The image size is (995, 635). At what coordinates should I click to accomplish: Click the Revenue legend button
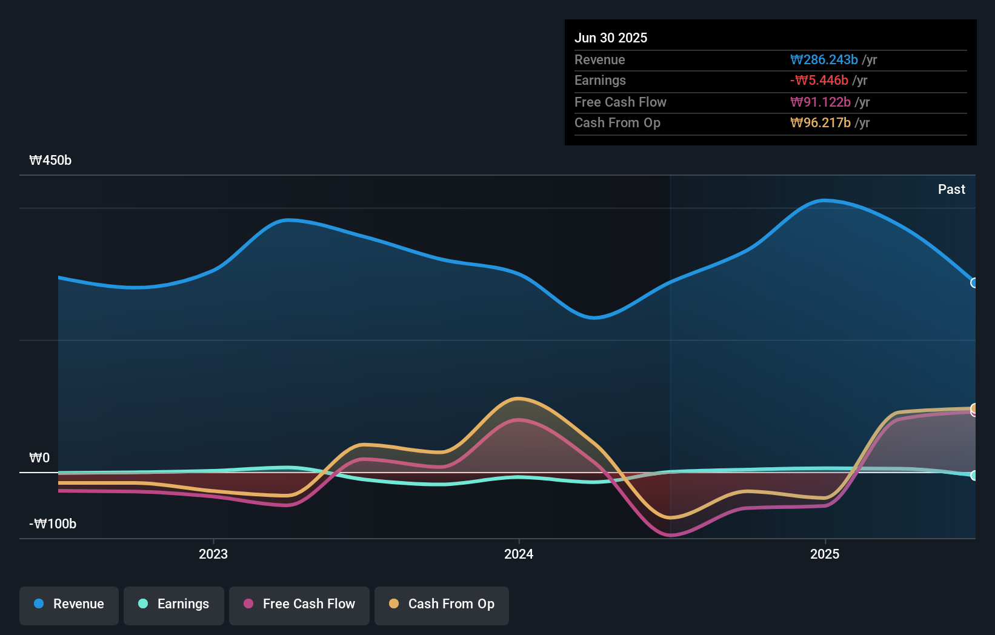tap(69, 604)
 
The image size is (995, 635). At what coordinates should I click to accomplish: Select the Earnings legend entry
tap(174, 604)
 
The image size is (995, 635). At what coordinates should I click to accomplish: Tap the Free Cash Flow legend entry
tap(299, 604)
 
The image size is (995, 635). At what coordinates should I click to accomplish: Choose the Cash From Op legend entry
tap(442, 604)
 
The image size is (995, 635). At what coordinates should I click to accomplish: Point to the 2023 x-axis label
tap(213, 554)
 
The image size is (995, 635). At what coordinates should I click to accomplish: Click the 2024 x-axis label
tap(519, 554)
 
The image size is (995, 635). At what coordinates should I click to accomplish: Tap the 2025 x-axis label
tap(825, 554)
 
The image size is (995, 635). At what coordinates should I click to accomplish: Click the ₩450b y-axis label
tap(50, 161)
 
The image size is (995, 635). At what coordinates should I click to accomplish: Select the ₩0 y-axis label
tap(39, 458)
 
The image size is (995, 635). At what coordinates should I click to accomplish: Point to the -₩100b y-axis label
tap(53, 524)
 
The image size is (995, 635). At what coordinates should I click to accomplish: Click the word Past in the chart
tap(951, 190)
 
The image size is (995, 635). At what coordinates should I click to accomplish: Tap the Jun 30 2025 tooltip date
tap(611, 38)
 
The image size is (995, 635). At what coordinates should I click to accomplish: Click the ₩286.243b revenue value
tap(824, 60)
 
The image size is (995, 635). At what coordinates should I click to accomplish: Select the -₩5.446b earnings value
tap(819, 81)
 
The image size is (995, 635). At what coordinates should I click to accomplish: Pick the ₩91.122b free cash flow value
tap(820, 102)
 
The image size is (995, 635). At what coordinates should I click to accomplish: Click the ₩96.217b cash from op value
tap(820, 123)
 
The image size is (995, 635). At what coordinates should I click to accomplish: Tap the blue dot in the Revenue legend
tap(39, 603)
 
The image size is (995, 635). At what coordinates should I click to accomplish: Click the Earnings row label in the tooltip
tap(600, 81)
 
